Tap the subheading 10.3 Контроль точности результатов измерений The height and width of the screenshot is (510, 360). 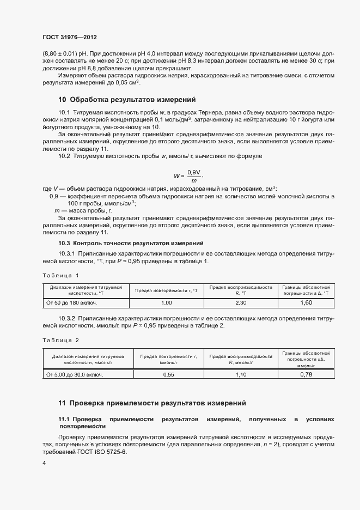[x=131, y=242]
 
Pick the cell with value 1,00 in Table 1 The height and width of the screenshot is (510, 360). [x=167, y=302]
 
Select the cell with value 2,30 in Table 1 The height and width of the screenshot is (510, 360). [x=240, y=302]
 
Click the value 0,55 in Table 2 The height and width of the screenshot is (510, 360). [x=168, y=375]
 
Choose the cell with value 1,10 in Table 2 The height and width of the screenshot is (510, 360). [x=240, y=375]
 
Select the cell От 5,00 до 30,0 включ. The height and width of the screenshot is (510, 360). [x=75, y=375]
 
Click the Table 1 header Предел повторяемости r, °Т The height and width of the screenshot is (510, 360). [x=167, y=290]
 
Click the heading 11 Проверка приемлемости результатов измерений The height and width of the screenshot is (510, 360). [x=152, y=403]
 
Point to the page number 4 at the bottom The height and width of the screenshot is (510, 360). [x=44, y=463]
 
